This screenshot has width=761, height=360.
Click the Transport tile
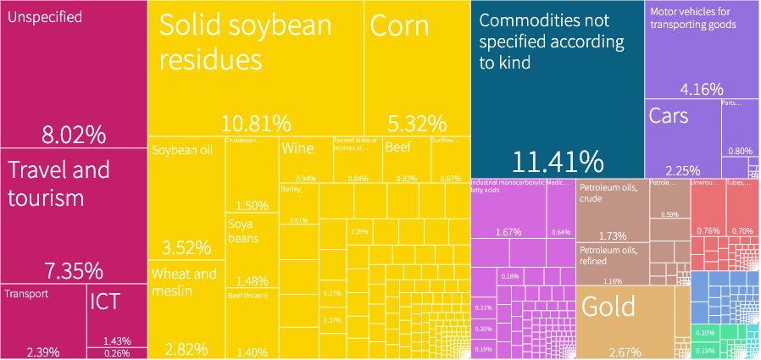pos(42,322)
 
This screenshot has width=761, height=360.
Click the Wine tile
pos(305,158)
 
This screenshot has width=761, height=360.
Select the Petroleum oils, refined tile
pos(612,263)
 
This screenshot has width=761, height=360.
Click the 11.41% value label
pos(557,161)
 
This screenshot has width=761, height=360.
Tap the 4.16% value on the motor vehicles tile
pos(702,88)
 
